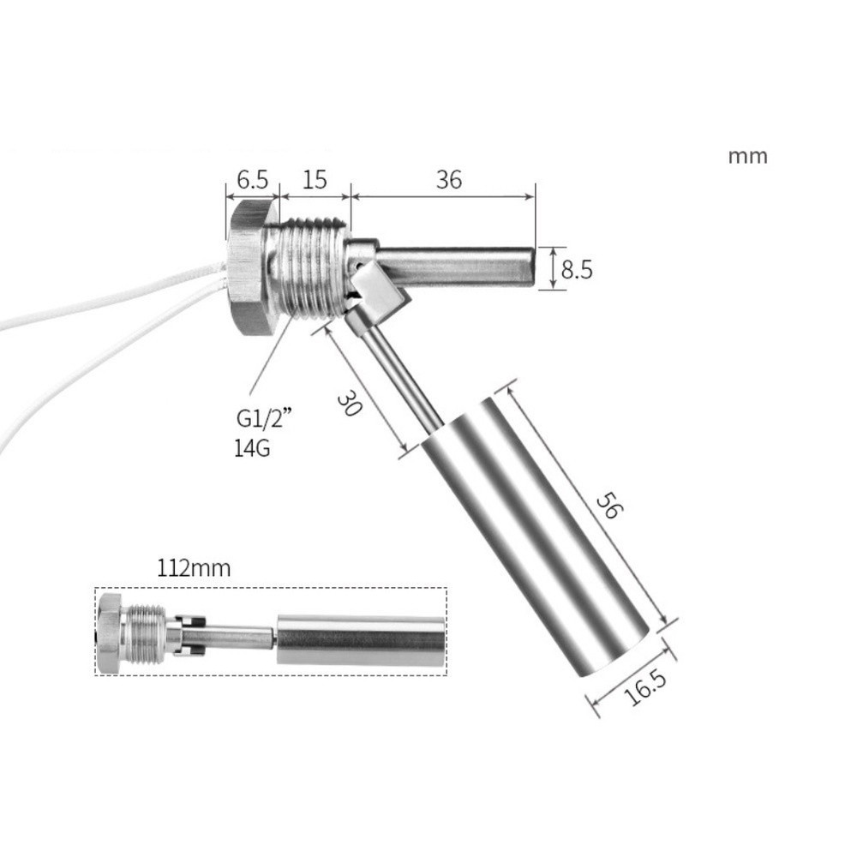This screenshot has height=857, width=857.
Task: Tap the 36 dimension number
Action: (448, 180)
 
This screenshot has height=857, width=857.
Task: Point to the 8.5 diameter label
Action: (574, 270)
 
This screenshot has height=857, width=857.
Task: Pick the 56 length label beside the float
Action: (609, 506)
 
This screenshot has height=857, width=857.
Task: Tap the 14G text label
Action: (252, 448)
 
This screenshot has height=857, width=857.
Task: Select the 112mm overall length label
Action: (194, 568)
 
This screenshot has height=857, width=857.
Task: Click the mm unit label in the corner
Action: (747, 157)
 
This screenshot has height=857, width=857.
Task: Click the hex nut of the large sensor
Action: (251, 266)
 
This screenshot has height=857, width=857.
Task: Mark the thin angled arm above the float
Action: (399, 369)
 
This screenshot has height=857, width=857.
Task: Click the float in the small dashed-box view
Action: (360, 639)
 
